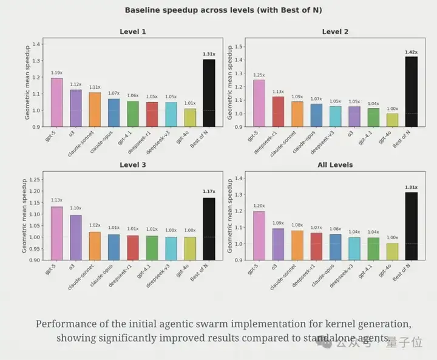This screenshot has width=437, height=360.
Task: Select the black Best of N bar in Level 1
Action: point(209,93)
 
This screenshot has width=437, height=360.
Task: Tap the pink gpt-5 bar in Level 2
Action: point(259,103)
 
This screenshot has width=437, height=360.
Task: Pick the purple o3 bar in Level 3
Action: point(76,237)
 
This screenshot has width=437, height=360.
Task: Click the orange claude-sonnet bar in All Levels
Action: point(297,245)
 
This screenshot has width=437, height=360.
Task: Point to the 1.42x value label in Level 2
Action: point(412,52)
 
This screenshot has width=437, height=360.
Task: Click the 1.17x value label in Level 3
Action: point(209,192)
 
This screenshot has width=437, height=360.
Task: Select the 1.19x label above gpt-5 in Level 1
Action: point(57,73)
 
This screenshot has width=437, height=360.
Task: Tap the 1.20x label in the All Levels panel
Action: point(259,206)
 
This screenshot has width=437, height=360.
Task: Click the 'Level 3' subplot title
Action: point(133,165)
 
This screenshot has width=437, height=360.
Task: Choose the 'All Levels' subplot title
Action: point(335,165)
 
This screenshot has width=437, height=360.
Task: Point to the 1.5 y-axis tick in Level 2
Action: point(239,47)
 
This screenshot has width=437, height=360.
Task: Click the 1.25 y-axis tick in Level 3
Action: point(35,180)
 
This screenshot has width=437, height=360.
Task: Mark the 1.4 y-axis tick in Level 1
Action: point(36,44)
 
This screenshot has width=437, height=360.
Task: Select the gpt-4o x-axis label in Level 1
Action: point(183,137)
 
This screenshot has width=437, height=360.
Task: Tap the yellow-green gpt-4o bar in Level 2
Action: point(393,120)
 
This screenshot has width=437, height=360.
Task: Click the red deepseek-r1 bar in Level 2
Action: point(278,112)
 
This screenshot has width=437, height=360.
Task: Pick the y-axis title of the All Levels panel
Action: point(229,216)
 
